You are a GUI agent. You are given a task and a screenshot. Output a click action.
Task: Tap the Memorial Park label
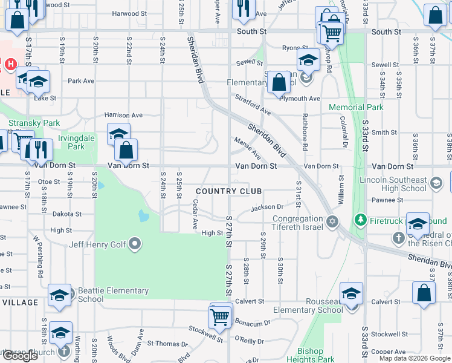[x=356, y=108]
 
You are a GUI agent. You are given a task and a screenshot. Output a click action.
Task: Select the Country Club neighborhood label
[x=228, y=191]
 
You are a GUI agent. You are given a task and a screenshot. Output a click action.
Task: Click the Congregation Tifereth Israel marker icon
[x=332, y=222]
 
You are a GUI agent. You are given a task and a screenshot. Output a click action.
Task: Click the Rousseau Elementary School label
[x=308, y=306]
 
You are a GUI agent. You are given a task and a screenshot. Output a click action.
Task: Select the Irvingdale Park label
[x=76, y=142]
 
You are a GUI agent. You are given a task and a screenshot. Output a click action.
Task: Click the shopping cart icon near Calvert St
[x=219, y=316]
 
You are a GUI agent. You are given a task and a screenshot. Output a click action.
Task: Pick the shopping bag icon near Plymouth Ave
[x=279, y=82]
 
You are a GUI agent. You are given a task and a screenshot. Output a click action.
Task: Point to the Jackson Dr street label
[x=267, y=208]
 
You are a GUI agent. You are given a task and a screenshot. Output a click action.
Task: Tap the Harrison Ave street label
[x=123, y=114]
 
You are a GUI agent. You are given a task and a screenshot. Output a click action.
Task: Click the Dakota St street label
[x=66, y=214]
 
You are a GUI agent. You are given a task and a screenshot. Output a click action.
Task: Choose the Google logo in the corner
[x=20, y=356]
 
